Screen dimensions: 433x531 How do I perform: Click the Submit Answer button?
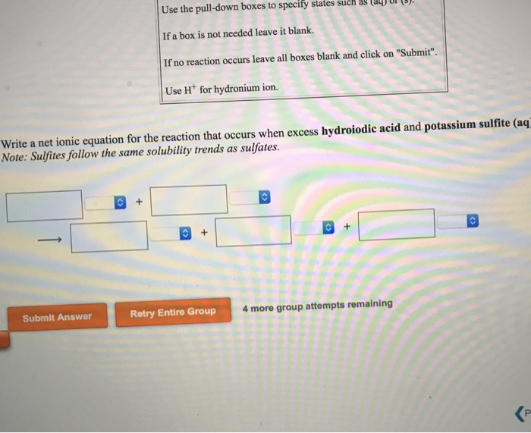(x=57, y=317)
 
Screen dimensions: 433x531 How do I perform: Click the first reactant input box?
(x=45, y=205)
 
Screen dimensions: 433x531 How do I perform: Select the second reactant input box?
(x=190, y=200)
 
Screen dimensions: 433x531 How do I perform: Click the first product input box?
(x=109, y=236)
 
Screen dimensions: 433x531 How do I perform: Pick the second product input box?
(x=253, y=231)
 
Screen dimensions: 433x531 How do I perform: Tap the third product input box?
(x=397, y=225)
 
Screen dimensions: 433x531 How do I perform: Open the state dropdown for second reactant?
(x=251, y=198)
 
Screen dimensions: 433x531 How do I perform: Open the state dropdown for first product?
(x=171, y=234)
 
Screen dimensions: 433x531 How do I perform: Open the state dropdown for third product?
(x=459, y=221)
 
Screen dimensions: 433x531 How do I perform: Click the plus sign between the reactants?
(x=139, y=202)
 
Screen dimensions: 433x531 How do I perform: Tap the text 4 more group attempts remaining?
(x=318, y=306)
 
